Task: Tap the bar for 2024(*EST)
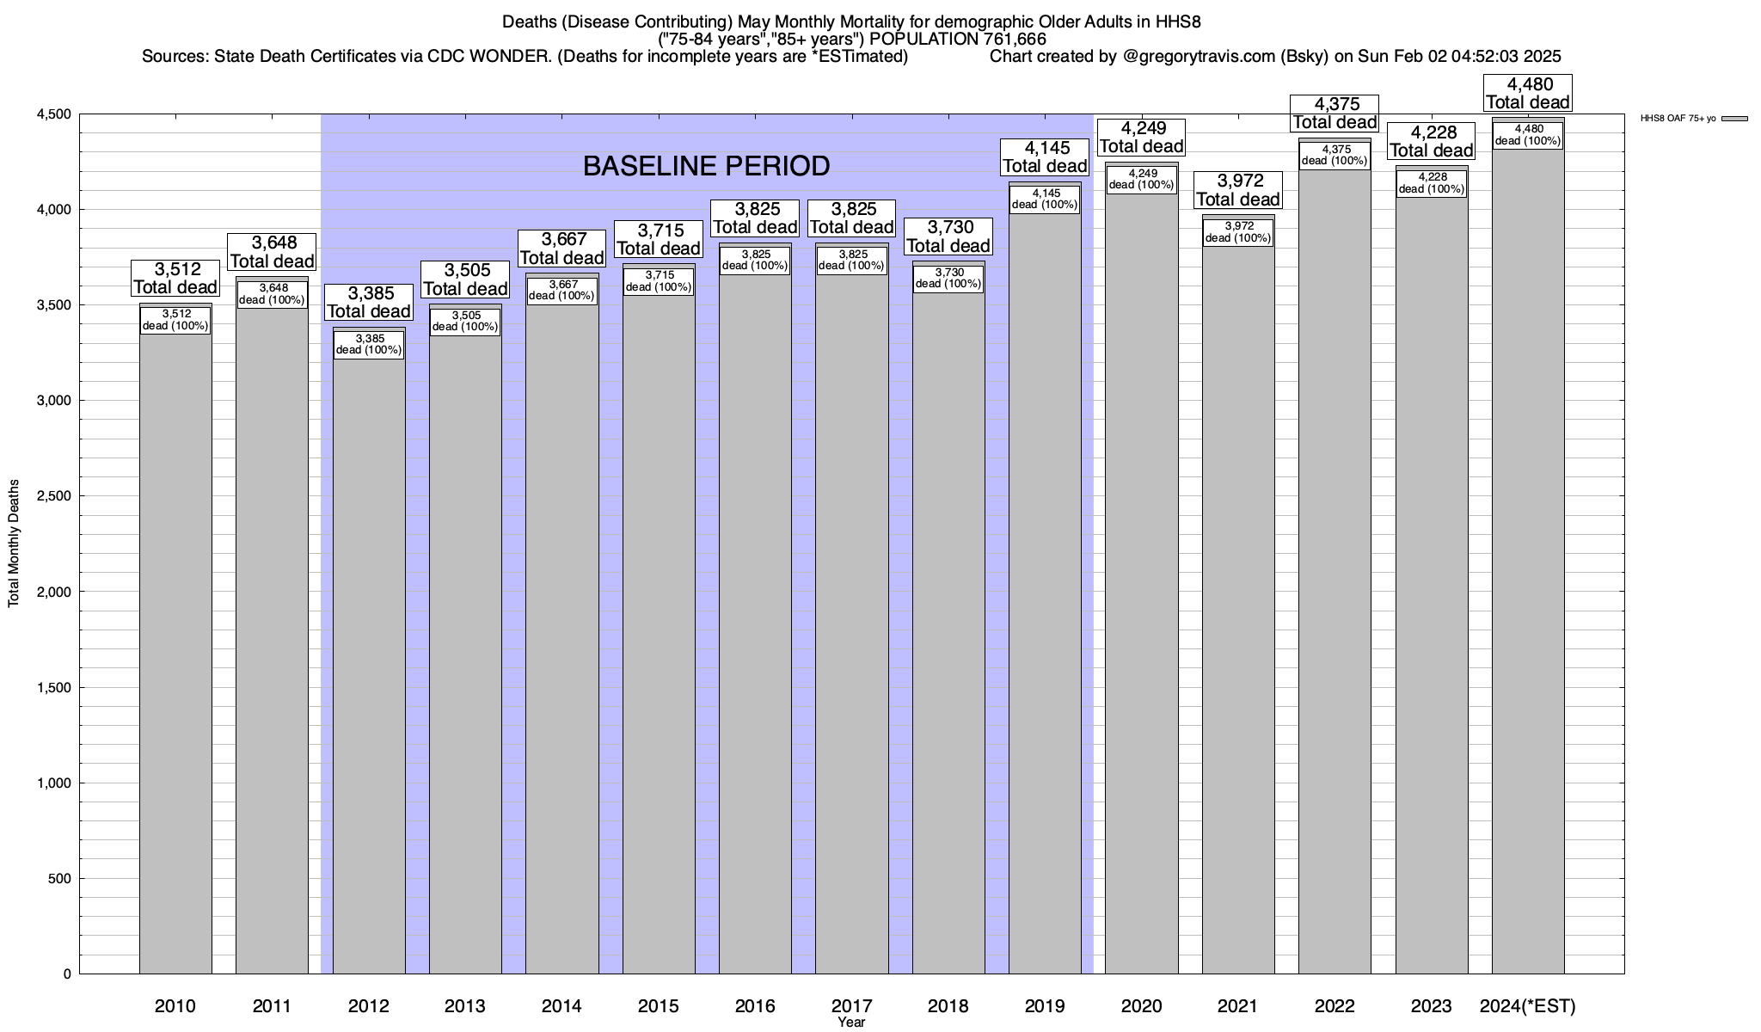(x=1528, y=559)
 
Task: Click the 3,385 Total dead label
(x=369, y=302)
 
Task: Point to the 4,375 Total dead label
(x=1335, y=114)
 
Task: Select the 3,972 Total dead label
(x=1238, y=190)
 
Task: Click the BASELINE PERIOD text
(x=706, y=166)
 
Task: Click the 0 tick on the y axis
(x=67, y=974)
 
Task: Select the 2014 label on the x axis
(x=561, y=1006)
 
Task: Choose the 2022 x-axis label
(x=1335, y=1006)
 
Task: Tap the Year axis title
(x=851, y=1023)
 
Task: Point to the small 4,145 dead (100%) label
(x=1045, y=199)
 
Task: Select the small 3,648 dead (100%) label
(x=272, y=294)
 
